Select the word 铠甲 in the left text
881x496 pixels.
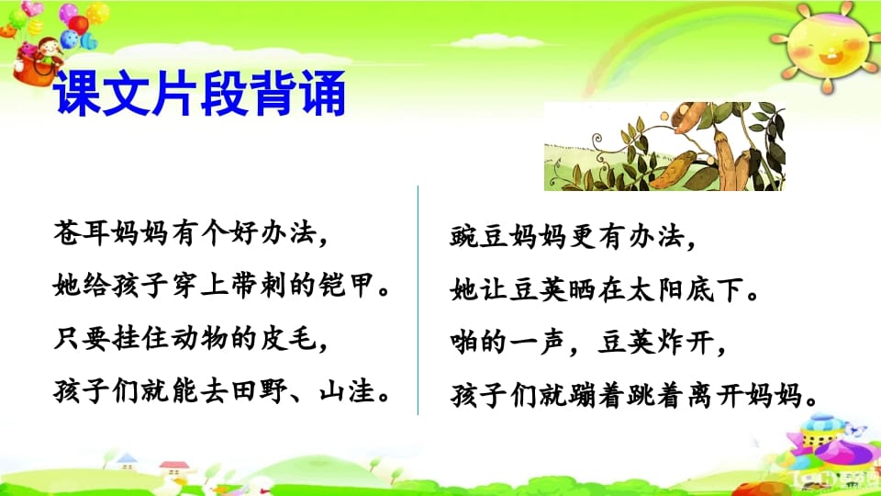click(345, 287)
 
